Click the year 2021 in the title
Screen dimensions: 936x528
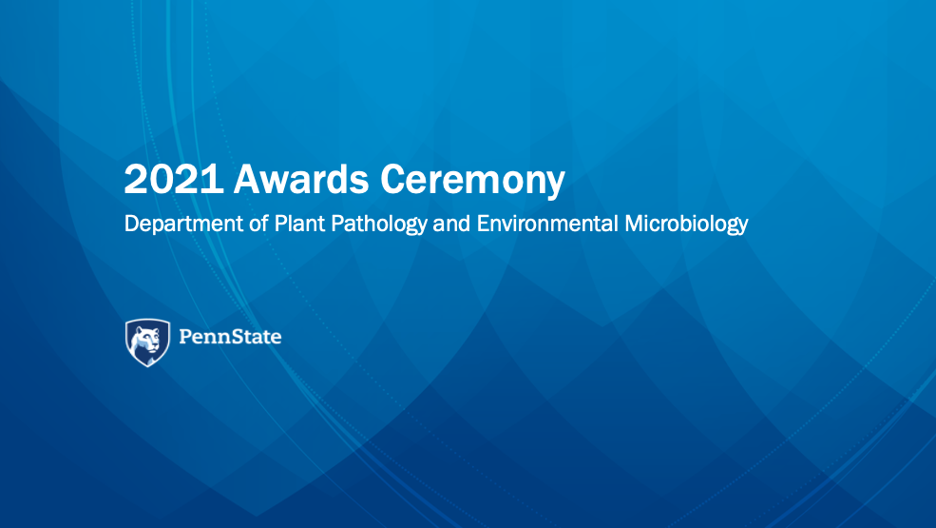(x=173, y=179)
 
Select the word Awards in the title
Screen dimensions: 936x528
(x=301, y=178)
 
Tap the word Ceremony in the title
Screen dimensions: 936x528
(x=472, y=180)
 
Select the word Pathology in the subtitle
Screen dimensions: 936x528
(x=379, y=225)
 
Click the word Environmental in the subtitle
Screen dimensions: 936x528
(x=546, y=223)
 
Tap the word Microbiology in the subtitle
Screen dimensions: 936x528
(x=686, y=225)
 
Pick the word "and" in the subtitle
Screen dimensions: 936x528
(x=451, y=223)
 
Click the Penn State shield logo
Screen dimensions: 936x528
(x=147, y=342)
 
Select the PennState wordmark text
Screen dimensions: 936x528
(x=230, y=337)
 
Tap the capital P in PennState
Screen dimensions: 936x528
(x=185, y=337)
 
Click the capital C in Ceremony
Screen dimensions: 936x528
(x=394, y=179)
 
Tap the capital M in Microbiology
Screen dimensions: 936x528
(x=635, y=224)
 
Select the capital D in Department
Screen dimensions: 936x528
(x=132, y=224)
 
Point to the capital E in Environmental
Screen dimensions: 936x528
(x=483, y=224)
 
